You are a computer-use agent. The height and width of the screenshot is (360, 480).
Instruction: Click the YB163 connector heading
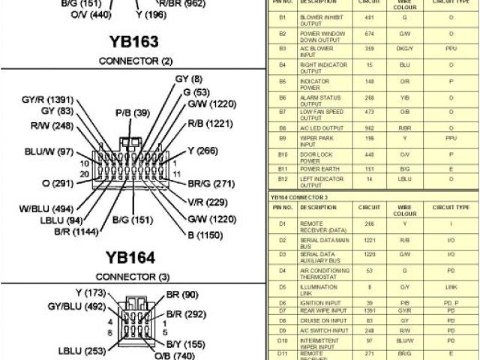134,42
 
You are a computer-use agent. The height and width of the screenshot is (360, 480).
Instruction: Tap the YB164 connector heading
134,258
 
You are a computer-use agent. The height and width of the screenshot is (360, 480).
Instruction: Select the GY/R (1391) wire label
47,99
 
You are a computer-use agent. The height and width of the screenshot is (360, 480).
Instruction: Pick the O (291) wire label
57,182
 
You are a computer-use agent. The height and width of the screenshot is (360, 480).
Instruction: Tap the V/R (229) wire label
207,202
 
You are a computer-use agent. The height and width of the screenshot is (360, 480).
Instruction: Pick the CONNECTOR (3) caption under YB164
134,277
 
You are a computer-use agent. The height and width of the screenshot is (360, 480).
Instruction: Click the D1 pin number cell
282,223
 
